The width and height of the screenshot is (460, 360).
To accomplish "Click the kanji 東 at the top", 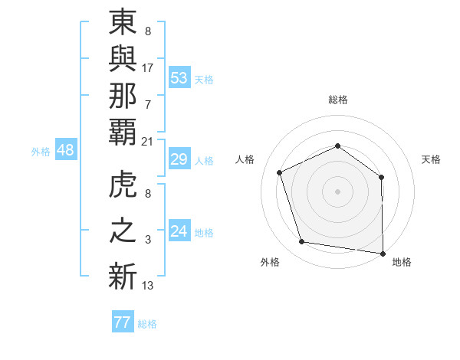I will click(123, 26).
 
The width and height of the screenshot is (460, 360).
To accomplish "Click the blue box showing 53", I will click(179, 77).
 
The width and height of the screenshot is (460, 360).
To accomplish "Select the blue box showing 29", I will click(179, 160).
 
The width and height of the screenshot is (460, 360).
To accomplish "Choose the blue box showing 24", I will click(179, 231).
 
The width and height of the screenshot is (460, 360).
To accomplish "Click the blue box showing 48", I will click(65, 150).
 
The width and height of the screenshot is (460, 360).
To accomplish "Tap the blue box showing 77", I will click(122, 322).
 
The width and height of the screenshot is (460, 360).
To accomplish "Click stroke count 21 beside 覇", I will click(148, 142).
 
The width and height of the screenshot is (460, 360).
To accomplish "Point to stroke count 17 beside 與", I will click(148, 68).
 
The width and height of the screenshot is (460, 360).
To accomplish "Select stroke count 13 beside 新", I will click(148, 286).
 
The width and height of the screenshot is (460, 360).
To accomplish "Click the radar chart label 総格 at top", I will click(337, 100).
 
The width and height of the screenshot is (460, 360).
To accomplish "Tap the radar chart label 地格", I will click(402, 262).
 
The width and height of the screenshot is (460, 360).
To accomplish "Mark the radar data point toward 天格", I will click(381, 178).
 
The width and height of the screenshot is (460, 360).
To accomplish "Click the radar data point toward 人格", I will click(280, 173).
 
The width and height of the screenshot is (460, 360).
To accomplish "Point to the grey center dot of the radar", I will click(337, 191).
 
